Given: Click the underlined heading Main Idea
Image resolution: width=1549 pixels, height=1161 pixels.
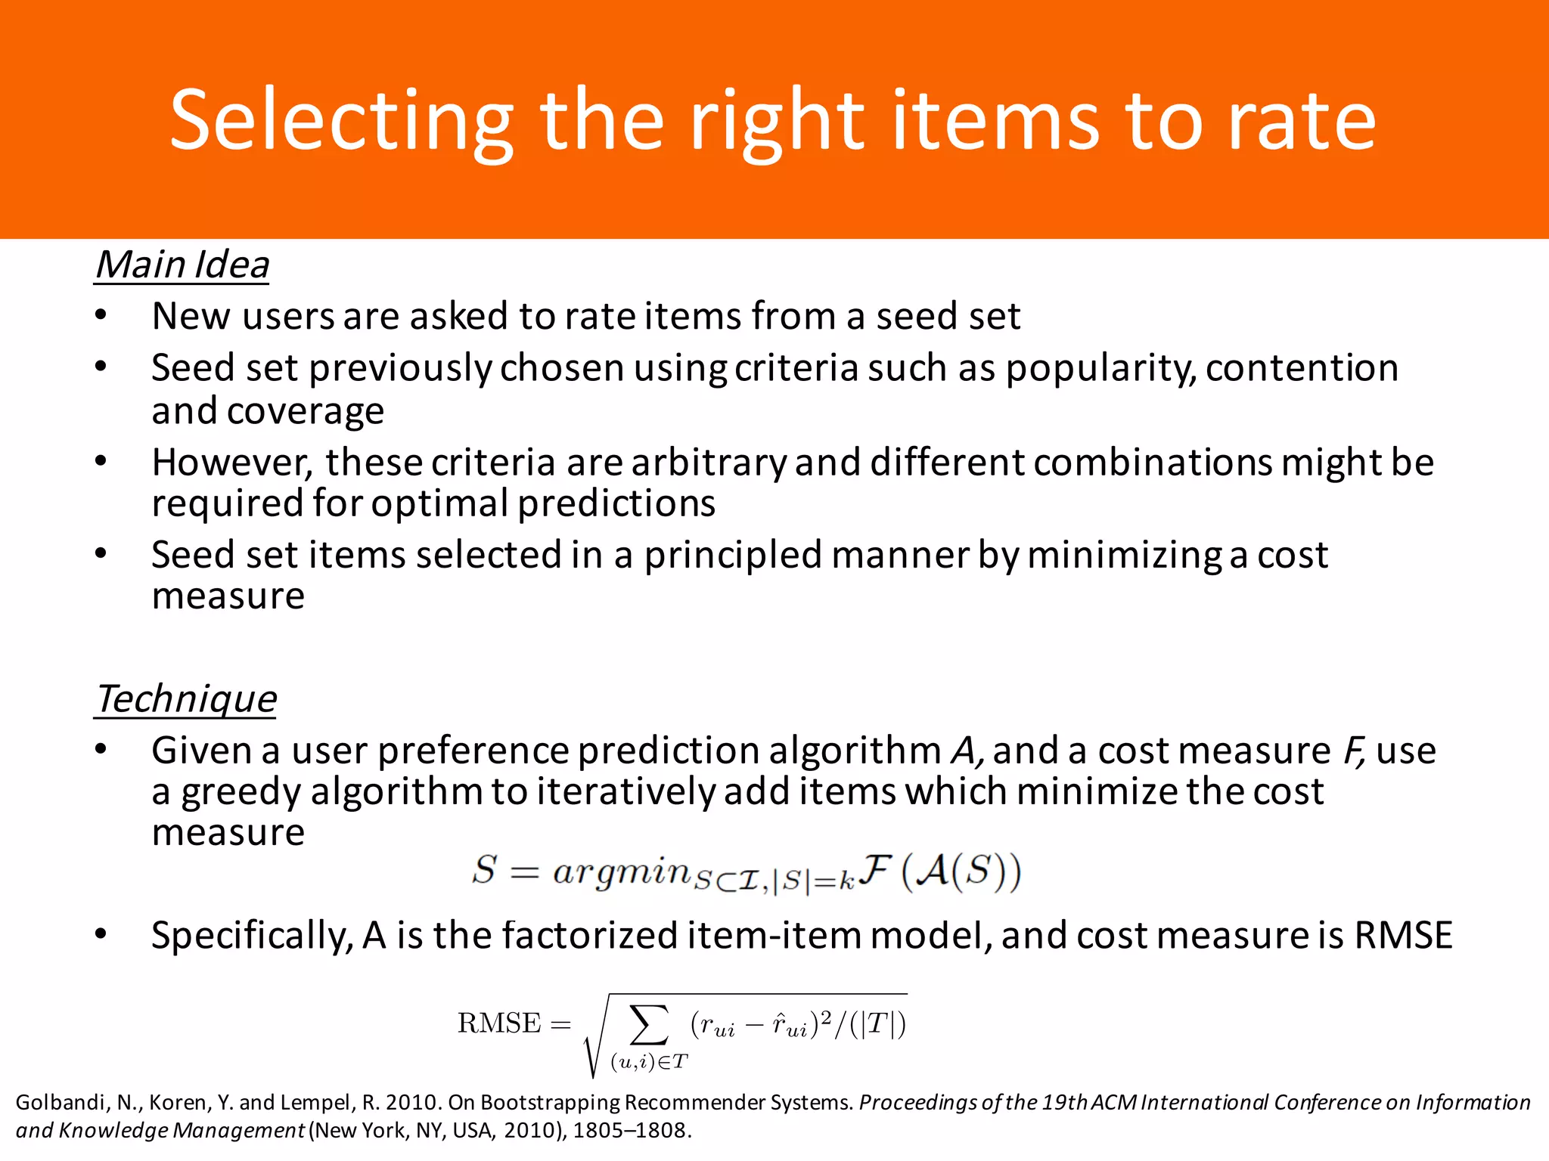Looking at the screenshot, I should point(182,265).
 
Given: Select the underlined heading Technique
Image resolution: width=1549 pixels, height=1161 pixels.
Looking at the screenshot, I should point(186,699).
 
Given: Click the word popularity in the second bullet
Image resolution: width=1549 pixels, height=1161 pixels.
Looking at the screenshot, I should point(1100,369).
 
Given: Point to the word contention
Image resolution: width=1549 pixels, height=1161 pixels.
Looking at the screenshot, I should point(1302,369).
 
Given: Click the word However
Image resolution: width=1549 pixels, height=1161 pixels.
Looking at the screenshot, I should point(231,463).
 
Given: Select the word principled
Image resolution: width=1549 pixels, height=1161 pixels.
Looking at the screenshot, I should point(732,556).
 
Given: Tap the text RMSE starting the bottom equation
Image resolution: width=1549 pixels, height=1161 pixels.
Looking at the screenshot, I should point(499,1023).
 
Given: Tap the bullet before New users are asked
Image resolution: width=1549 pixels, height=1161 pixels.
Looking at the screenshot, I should point(101,316).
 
